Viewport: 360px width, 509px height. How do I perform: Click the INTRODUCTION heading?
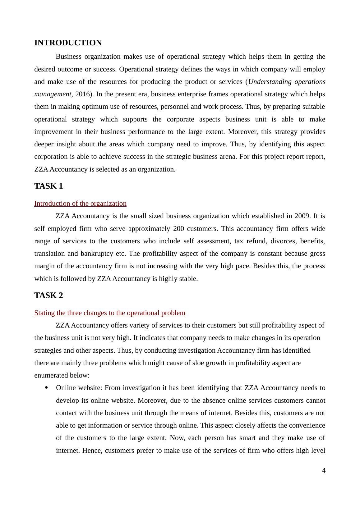(x=68, y=43)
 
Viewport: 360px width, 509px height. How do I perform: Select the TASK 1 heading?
(x=48, y=186)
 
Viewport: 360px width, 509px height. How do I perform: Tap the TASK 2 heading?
(x=48, y=296)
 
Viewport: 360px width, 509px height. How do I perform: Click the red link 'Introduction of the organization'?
(x=80, y=204)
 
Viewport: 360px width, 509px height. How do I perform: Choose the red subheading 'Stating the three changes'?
(x=110, y=313)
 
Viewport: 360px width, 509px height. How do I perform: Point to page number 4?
(x=324, y=470)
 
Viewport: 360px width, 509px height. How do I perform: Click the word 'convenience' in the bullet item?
(x=307, y=425)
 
